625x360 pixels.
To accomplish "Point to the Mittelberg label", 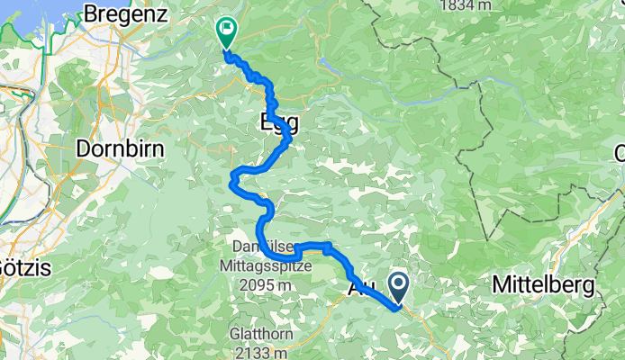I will (x=543, y=285).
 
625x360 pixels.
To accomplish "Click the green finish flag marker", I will (x=225, y=32).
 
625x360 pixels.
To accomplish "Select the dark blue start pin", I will (x=399, y=286).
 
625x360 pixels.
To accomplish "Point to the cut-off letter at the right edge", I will (x=620, y=153).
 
